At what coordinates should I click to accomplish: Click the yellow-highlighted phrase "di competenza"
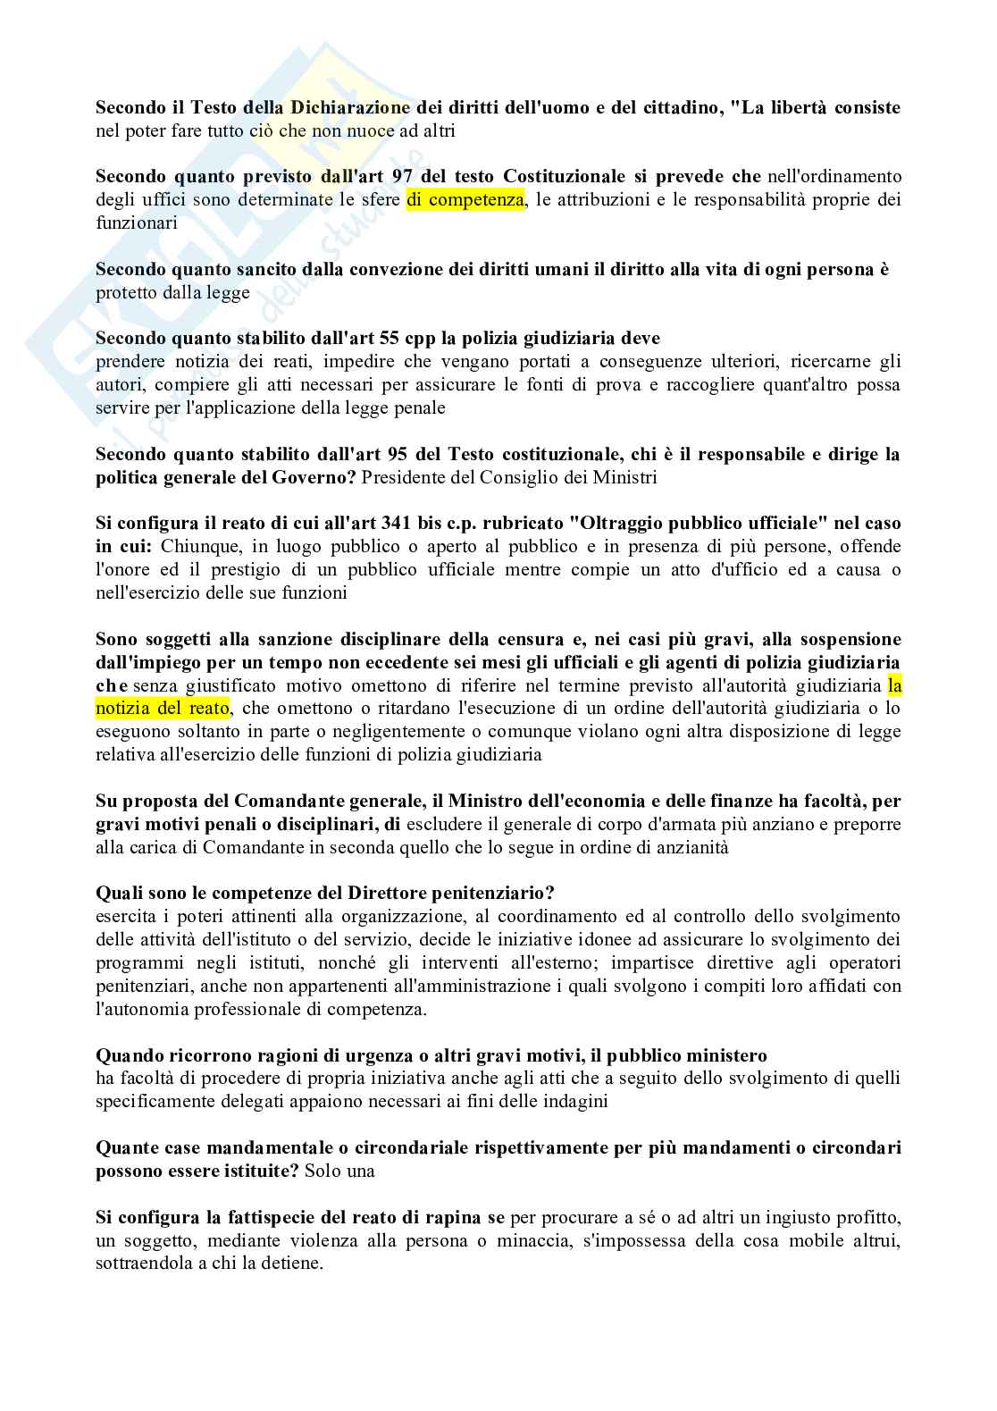tap(465, 200)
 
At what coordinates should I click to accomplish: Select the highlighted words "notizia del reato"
tap(163, 709)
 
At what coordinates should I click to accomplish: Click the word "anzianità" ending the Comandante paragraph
tap(693, 847)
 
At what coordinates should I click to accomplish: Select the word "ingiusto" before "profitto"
tap(783, 1218)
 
